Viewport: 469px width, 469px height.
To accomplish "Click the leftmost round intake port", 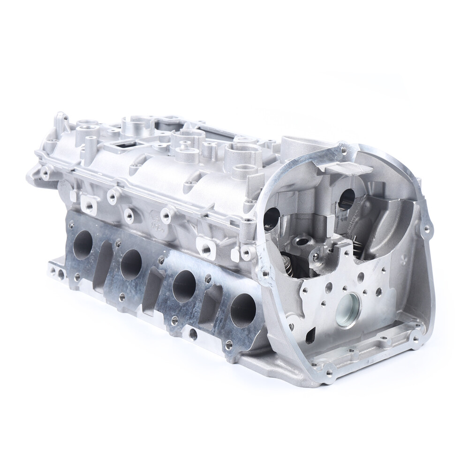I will [83, 244].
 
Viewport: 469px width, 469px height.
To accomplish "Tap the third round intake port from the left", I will [184, 286].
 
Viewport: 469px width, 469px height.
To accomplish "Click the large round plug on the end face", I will [348, 310].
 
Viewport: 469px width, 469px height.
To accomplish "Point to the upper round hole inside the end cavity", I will [347, 199].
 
